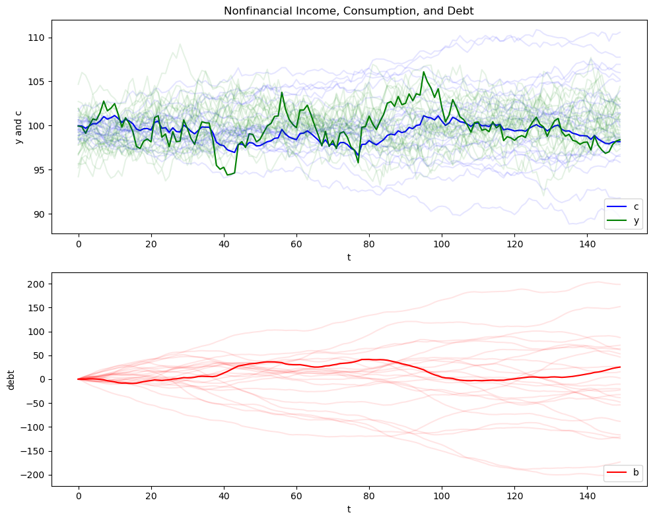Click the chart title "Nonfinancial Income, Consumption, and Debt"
pyautogui.click(x=349, y=11)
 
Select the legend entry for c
pyautogui.click(x=636, y=207)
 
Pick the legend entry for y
pyautogui.click(x=636, y=221)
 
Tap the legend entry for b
pyautogui.click(x=636, y=472)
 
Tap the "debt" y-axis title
pyautogui.click(x=11, y=379)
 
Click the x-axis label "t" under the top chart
pyautogui.click(x=349, y=257)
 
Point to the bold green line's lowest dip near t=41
pyautogui.click(x=227, y=175)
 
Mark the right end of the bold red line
pyautogui.click(x=620, y=367)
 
